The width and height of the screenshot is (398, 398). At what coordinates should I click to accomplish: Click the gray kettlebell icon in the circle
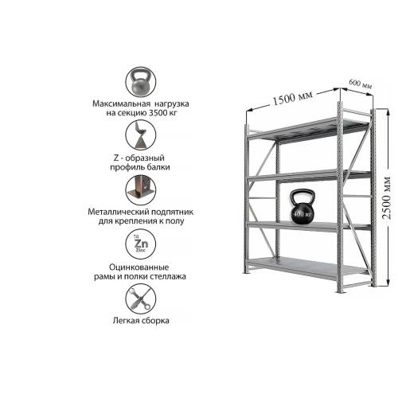141,82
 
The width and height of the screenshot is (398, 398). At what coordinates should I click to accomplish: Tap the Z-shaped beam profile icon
141,135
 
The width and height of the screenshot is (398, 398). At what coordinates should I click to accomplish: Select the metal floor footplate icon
141,189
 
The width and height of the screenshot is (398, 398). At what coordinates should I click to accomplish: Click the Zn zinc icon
141,244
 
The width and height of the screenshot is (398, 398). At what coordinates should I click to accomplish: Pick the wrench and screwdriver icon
141,298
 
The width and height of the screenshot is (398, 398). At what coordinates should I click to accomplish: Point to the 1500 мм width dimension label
293,97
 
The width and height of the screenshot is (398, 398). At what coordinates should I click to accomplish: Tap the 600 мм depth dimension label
360,84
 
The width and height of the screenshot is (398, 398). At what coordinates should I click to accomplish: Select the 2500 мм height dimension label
387,197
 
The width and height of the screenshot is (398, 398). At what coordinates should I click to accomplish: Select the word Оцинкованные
139,267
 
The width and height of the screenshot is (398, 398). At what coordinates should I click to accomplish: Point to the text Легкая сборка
141,321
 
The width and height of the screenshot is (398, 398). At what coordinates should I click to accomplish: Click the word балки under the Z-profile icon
158,167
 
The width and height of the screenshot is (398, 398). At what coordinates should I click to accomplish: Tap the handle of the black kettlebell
302,195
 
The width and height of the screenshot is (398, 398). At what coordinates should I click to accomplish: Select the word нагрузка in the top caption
172,103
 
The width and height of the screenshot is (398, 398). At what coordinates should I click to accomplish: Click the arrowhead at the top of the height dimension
388,111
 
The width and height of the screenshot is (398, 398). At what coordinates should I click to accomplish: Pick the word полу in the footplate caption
176,221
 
